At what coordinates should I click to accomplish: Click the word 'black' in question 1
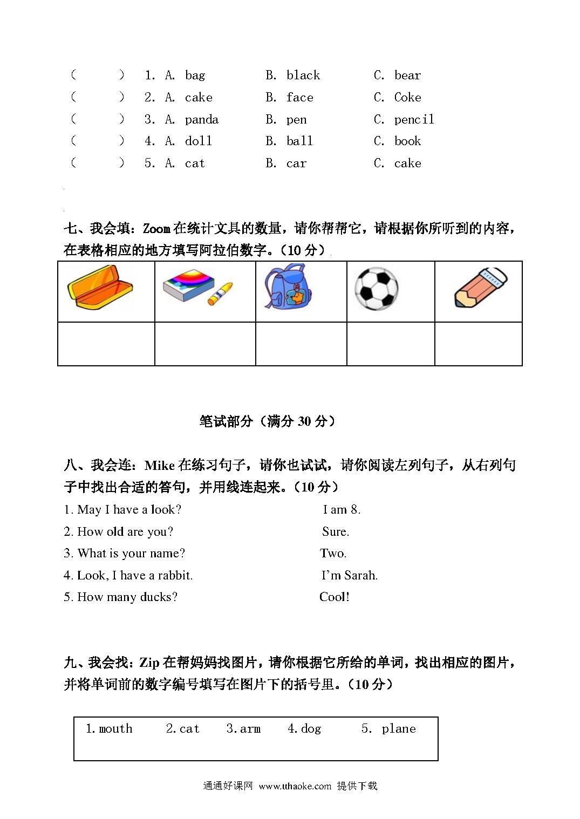pyautogui.click(x=303, y=76)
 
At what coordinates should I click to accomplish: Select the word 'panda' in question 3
pyautogui.click(x=202, y=120)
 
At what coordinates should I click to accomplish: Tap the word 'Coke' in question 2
pyautogui.click(x=407, y=98)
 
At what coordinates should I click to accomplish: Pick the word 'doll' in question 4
pyautogui.click(x=199, y=141)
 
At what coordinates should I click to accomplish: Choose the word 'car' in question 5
pyautogui.click(x=296, y=163)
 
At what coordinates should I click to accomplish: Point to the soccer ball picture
pyautogui.click(x=376, y=289)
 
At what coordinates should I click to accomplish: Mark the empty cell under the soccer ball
pyautogui.click(x=390, y=344)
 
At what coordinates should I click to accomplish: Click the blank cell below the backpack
pyautogui.click(x=301, y=344)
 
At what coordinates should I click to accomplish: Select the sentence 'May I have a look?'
pyautogui.click(x=122, y=510)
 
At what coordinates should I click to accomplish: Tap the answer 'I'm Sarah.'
pyautogui.click(x=349, y=576)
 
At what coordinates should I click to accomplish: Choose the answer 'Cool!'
pyautogui.click(x=335, y=597)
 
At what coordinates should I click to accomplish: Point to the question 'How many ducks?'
pyautogui.click(x=121, y=597)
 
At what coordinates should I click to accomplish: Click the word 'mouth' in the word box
pyautogui.click(x=110, y=729)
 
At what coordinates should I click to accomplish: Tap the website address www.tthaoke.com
pyautogui.click(x=295, y=786)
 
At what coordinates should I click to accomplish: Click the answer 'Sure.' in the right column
pyautogui.click(x=335, y=532)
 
